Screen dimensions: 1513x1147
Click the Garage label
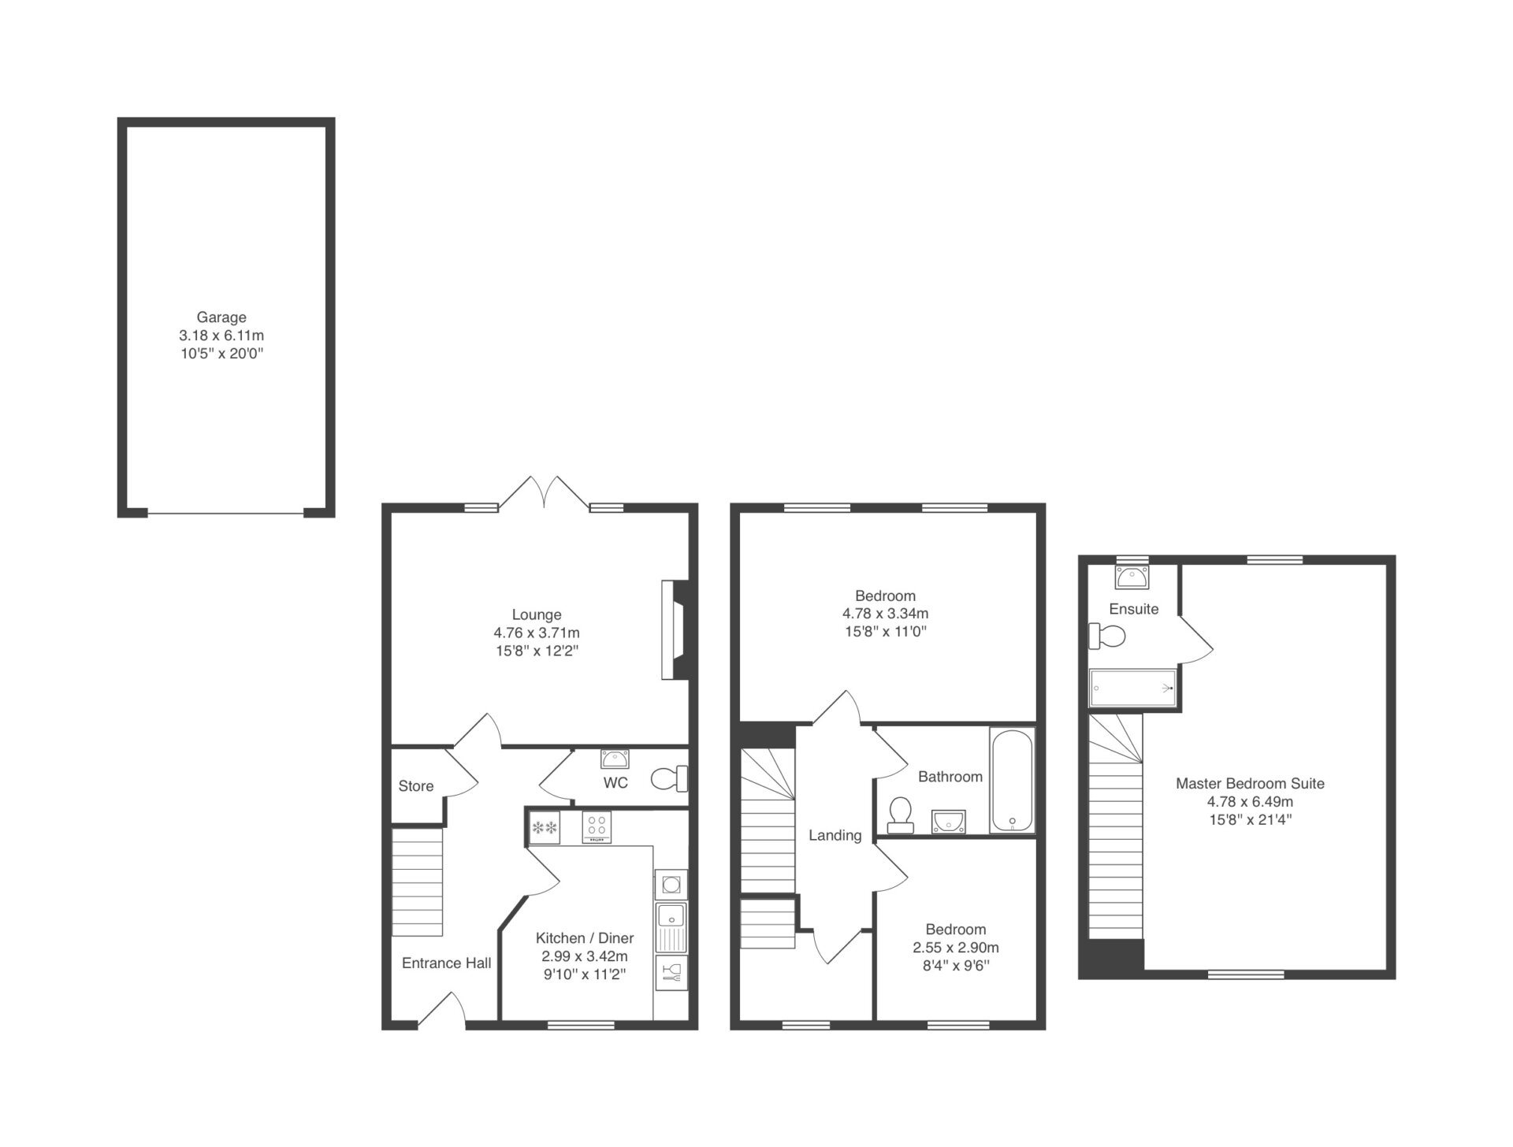[221, 317]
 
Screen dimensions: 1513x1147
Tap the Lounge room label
[537, 614]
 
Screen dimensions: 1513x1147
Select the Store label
[416, 786]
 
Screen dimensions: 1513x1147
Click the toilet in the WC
[669, 779]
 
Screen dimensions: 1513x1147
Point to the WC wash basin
[615, 759]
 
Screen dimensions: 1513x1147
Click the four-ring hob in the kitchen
[597, 827]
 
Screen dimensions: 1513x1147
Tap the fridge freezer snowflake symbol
[545, 827]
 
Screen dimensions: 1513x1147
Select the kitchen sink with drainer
[671, 927]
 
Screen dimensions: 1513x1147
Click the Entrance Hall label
[446, 963]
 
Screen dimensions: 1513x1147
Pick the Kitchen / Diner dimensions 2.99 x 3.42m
[585, 956]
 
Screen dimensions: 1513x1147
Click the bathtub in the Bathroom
[1012, 781]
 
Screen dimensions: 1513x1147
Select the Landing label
[835, 835]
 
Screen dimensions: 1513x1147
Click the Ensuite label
[1134, 609]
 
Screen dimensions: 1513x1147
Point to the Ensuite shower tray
[1133, 688]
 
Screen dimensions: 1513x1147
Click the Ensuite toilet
[1107, 635]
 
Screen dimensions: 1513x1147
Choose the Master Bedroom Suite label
[1250, 784]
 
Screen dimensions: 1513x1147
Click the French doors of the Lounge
[544, 493]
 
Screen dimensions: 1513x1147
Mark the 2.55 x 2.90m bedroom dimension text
[956, 948]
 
